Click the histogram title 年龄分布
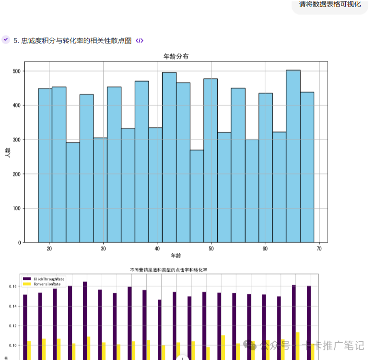tap(176, 57)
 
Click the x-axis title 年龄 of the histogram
tap(176, 255)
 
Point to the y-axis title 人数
tap(8, 153)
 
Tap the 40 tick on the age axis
tap(157, 248)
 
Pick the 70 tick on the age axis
tap(319, 248)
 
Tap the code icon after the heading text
tap(140, 41)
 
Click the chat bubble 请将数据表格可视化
tap(330, 5)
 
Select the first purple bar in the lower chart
tap(25, 326)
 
